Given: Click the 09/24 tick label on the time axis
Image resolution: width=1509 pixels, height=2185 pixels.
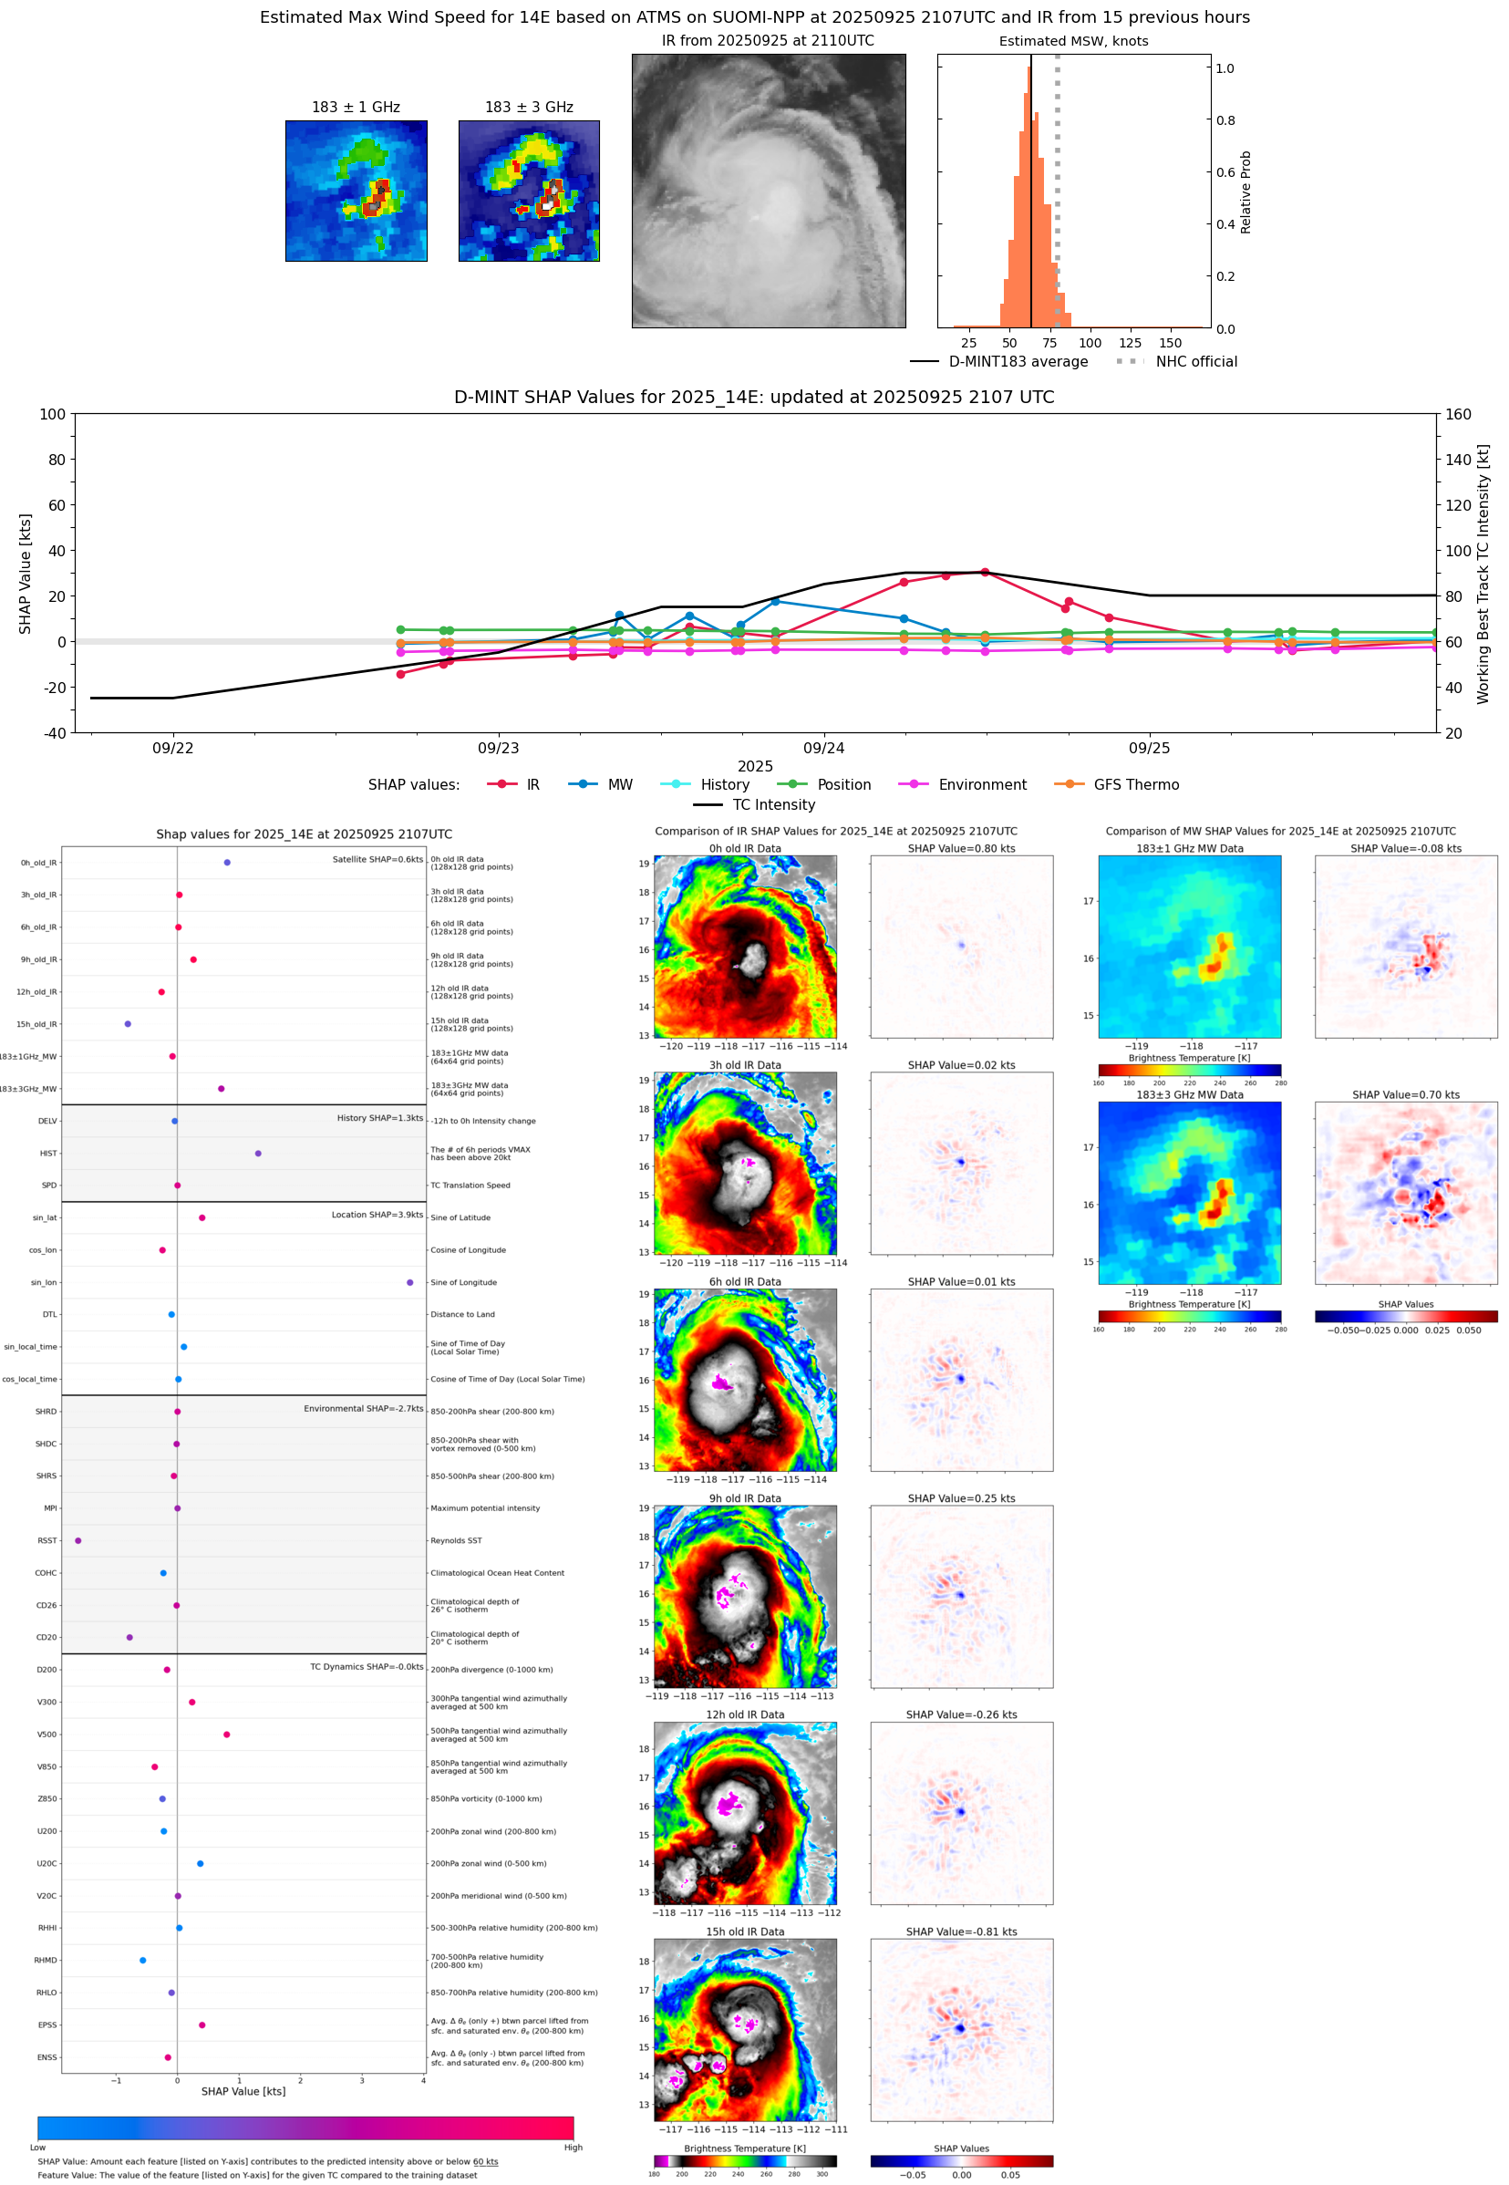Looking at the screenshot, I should [x=823, y=748].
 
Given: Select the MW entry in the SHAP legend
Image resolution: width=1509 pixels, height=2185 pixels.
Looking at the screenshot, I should [x=619, y=785].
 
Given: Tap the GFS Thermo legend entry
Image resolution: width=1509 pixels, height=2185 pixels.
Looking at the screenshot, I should [x=1135, y=785].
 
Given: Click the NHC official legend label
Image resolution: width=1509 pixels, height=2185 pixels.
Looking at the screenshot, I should [x=1196, y=361].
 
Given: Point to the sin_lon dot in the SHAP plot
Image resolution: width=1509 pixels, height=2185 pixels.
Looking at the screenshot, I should [x=409, y=1282].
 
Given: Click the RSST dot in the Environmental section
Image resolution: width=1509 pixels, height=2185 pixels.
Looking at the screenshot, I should [x=78, y=1540].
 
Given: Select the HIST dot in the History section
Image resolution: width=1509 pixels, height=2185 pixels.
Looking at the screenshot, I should [x=258, y=1154].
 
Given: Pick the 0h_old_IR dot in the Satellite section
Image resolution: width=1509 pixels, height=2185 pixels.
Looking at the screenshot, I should [x=227, y=863].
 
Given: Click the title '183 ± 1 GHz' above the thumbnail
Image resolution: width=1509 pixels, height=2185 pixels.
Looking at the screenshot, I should [x=356, y=108].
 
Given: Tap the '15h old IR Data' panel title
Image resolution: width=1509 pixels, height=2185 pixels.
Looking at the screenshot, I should [x=745, y=1931].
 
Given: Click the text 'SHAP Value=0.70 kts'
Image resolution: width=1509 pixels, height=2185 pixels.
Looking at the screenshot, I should [x=1405, y=1095].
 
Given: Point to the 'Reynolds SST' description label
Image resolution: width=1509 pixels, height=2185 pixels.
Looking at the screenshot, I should [x=456, y=1540].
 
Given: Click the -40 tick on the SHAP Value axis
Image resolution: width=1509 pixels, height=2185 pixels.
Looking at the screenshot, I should [x=54, y=733].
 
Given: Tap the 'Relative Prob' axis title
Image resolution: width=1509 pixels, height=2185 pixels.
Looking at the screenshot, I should [x=1245, y=192].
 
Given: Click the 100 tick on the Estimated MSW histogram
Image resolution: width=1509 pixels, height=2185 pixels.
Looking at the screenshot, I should [x=1090, y=343].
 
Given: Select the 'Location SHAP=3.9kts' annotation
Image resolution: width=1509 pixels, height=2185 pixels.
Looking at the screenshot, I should [x=377, y=1215].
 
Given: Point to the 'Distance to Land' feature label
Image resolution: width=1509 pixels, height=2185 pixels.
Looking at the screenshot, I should [x=462, y=1314].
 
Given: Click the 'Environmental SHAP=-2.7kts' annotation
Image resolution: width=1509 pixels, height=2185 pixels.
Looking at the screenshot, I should [x=363, y=1409].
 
